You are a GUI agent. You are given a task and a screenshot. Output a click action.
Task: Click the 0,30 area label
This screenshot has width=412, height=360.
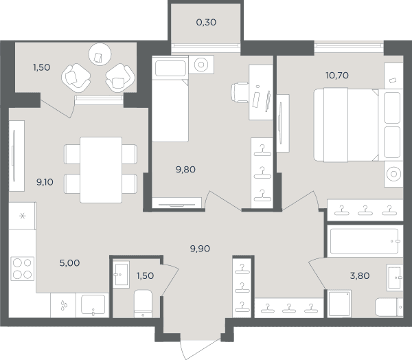point(206,23)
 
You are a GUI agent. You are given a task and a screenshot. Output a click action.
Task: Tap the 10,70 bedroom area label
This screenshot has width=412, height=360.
point(337,76)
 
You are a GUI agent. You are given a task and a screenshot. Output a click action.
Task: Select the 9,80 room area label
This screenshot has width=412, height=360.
point(185,170)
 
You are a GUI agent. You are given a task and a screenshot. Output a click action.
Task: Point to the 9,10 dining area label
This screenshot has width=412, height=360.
point(45,182)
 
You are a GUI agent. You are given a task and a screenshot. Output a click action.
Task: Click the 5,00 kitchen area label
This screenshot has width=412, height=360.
point(69,263)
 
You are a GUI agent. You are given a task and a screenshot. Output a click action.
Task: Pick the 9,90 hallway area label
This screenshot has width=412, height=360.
point(200,249)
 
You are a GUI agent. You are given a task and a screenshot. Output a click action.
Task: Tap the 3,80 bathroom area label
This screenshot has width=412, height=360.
point(360,276)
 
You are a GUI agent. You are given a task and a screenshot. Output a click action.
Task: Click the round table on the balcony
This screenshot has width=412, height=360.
point(100,54)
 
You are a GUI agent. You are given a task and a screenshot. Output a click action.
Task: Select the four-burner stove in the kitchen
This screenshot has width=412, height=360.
point(23,269)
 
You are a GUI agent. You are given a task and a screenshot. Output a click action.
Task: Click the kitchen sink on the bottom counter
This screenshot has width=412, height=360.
point(93,305)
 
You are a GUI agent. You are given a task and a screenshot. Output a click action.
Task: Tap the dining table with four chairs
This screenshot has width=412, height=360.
point(101,170)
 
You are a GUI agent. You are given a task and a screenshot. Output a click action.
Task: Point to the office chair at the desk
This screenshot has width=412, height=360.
point(240,92)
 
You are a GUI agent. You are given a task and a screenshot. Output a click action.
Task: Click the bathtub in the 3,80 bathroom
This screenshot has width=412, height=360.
point(365,241)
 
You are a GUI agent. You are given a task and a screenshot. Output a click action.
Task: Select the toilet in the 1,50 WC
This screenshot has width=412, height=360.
point(143,304)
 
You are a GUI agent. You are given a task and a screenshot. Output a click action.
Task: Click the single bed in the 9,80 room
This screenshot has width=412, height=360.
point(170,99)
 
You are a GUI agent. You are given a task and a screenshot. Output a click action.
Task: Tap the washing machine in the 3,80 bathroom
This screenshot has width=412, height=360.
point(339,304)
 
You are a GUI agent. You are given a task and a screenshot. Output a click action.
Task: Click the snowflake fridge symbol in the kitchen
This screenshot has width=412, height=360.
point(23,216)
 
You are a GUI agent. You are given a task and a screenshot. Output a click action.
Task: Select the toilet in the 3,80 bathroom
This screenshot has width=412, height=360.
point(389,307)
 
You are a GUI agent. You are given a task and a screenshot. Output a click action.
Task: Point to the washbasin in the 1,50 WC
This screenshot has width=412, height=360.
point(121,275)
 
